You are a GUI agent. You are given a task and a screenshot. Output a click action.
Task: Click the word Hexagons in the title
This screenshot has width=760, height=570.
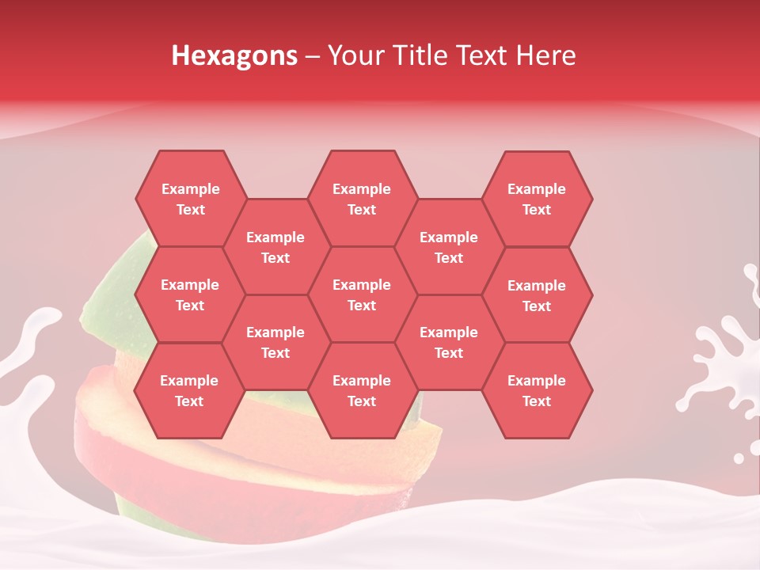click(x=234, y=55)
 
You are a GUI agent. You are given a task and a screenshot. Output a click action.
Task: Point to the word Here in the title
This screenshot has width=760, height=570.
click(x=545, y=55)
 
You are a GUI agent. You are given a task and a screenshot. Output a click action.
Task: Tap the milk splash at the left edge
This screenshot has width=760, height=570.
click(x=28, y=348)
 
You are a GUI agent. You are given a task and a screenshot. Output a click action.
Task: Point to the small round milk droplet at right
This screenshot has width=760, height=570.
click(x=739, y=458)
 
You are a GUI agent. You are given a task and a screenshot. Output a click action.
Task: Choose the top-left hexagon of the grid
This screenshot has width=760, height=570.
click(x=190, y=199)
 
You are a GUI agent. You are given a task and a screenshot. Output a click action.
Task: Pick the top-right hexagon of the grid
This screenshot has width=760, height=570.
click(x=537, y=199)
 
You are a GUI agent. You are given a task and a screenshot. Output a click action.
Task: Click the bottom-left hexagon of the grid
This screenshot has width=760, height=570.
click(x=189, y=390)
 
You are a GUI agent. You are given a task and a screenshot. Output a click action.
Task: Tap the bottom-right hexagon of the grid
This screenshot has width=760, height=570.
click(x=537, y=390)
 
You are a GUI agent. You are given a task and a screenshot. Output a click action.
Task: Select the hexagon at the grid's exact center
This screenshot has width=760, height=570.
click(x=362, y=294)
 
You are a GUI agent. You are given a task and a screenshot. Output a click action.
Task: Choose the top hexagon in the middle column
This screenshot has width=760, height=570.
click(x=362, y=199)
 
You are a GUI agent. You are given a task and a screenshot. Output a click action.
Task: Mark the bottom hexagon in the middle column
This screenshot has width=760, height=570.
click(x=362, y=390)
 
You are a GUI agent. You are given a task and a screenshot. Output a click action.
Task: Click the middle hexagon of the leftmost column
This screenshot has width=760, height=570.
click(x=190, y=294)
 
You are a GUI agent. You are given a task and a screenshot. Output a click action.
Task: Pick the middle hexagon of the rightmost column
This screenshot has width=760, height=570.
click(x=537, y=295)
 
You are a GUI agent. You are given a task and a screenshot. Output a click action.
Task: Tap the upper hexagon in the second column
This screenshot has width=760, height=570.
click(x=275, y=247)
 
